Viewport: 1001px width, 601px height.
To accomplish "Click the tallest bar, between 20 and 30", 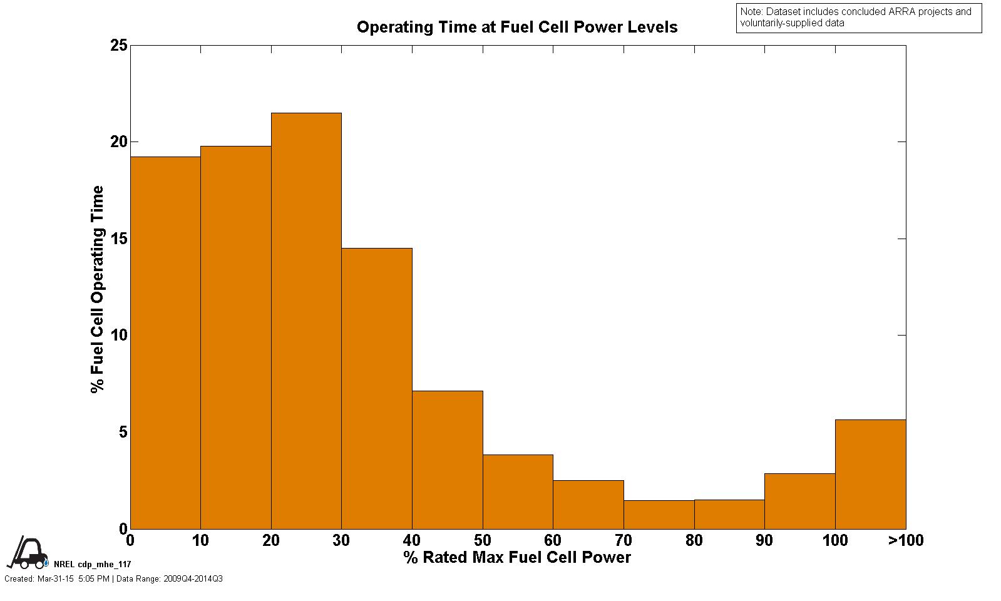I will (x=306, y=321).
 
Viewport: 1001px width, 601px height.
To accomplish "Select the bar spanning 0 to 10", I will (x=165, y=342).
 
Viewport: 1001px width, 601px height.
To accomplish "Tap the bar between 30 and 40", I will (x=377, y=388).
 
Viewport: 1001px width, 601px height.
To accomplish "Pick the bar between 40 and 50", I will (x=447, y=460).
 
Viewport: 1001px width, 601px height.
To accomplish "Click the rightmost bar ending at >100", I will (x=870, y=474).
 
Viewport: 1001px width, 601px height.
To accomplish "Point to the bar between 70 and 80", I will (x=659, y=514).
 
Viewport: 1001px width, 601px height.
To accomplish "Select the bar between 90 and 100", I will (x=799, y=501).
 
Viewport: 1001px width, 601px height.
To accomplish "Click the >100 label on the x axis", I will (x=905, y=540).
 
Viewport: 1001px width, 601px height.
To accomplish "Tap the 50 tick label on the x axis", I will (x=483, y=540).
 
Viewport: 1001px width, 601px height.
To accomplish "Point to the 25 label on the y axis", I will (x=119, y=46).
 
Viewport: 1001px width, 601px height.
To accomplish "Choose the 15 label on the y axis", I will (x=119, y=239).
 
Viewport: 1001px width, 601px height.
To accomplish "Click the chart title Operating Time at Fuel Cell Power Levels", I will (x=517, y=28).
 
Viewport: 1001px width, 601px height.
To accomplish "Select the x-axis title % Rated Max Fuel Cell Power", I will (x=517, y=557).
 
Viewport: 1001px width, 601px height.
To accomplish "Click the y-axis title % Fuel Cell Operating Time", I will (x=98, y=289).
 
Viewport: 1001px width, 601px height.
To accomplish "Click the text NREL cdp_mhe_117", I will (x=93, y=565).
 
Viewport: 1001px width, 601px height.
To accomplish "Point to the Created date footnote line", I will (x=113, y=579).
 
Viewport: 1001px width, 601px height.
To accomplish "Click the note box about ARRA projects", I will (x=858, y=18).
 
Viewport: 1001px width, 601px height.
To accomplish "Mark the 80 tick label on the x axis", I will (x=694, y=540).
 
